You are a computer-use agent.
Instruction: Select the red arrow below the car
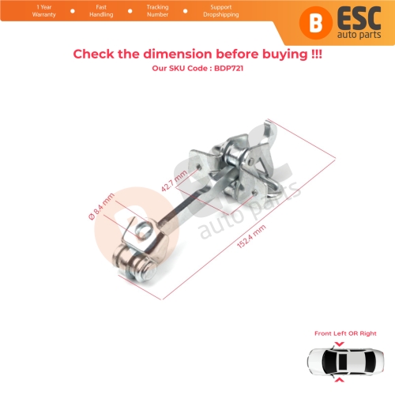(x=340, y=380)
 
